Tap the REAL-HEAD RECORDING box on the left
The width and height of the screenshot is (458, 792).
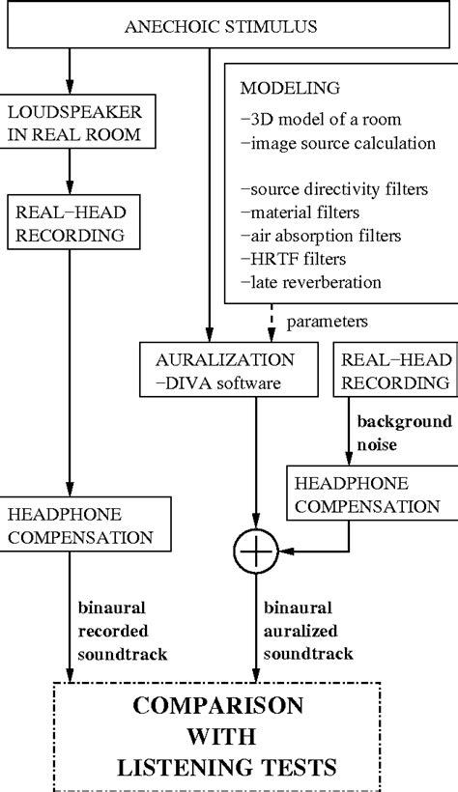tap(70, 221)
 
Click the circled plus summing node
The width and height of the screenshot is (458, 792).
tap(255, 552)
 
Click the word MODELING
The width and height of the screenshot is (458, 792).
tap(289, 88)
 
